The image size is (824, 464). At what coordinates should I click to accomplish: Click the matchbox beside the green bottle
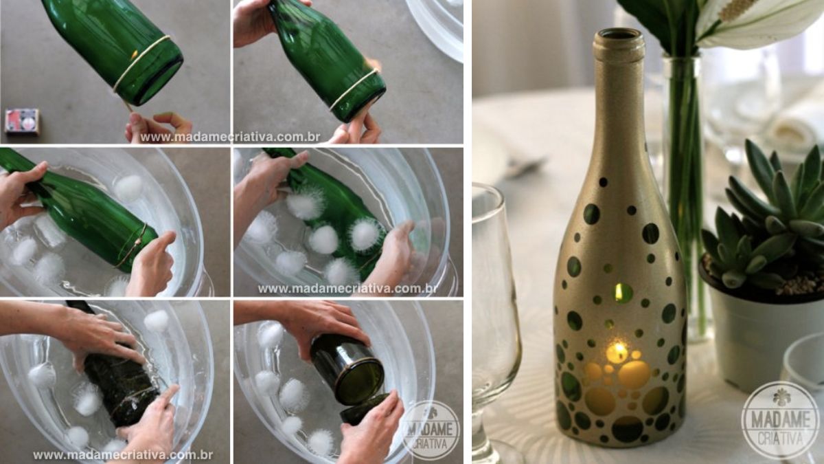[x=22, y=121]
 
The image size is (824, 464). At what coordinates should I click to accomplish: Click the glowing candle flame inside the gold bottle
[x=617, y=351]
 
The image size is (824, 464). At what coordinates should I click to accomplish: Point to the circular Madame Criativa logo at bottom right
[x=780, y=419]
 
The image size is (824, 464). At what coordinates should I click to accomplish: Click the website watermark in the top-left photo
[x=230, y=137]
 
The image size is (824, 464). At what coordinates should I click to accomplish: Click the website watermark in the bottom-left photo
[x=123, y=455]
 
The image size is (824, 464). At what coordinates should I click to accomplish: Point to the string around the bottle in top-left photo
[x=141, y=62]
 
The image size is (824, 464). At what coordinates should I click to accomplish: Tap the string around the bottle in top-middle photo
[x=353, y=89]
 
